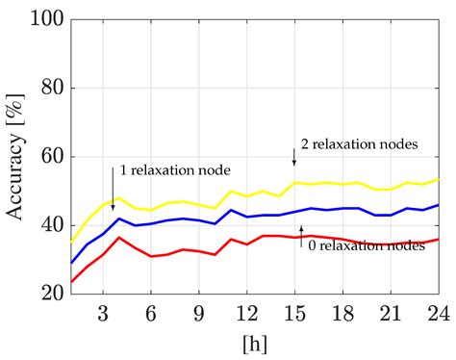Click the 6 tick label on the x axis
tap(151, 313)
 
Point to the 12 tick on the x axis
tap(251, 313)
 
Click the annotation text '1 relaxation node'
tap(176, 170)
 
